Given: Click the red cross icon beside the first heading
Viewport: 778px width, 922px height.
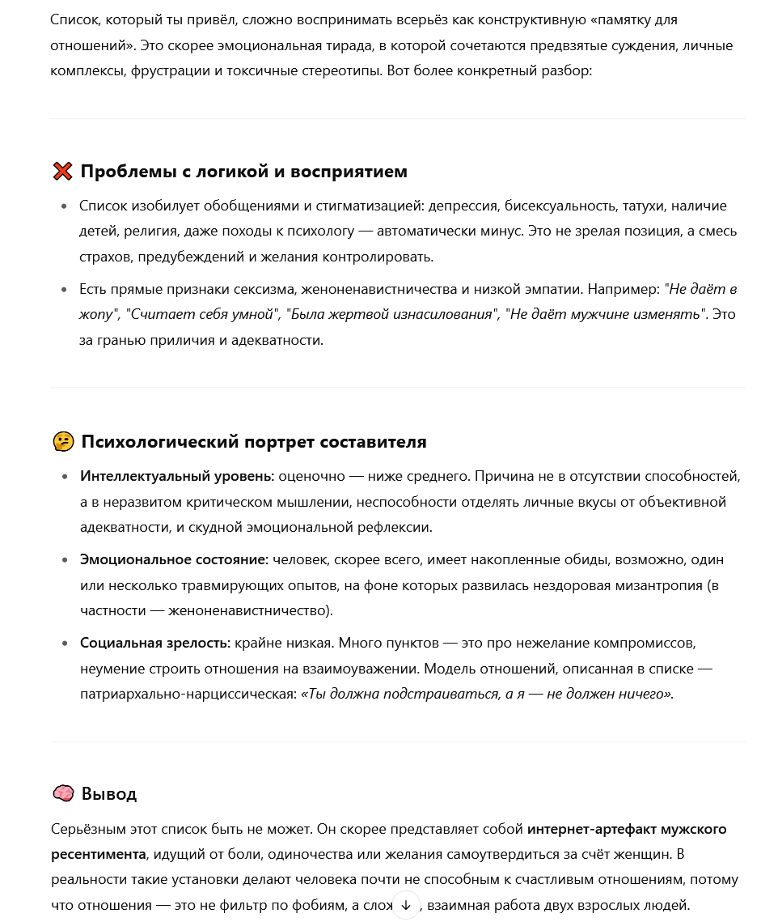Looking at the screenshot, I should click(62, 172).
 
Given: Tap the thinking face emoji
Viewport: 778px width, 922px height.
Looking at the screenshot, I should click(63, 442).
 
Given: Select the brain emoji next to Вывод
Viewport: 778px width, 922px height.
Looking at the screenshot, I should click(63, 794).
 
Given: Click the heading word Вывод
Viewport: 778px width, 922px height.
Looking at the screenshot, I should click(109, 794).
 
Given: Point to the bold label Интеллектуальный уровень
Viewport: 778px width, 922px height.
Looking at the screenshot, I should click(177, 477).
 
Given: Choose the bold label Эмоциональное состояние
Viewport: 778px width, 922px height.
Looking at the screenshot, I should click(174, 560).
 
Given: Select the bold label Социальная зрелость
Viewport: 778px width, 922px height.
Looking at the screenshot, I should click(155, 644).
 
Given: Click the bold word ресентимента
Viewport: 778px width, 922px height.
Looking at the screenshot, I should click(99, 855).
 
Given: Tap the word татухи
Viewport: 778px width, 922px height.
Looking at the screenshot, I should click(645, 206).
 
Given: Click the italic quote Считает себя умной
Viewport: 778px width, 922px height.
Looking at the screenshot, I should click(201, 315).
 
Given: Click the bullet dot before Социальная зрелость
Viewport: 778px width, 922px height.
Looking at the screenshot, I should click(65, 644).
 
